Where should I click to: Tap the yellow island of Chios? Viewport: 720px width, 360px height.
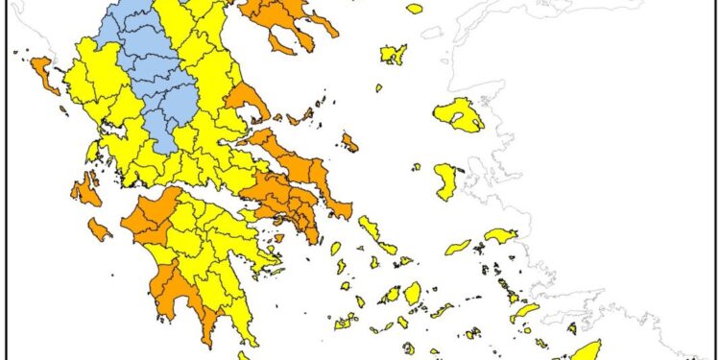(446, 181)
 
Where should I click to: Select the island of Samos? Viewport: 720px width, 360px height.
(501, 235)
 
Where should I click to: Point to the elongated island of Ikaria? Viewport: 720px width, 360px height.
(458, 247)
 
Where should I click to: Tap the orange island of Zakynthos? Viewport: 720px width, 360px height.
(99, 229)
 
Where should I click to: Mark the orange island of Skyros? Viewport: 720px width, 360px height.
(349, 143)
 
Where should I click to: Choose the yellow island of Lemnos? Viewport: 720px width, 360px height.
(393, 54)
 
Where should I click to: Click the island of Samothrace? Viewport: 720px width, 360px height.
(414, 9)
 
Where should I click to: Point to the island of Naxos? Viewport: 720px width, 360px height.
(412, 293)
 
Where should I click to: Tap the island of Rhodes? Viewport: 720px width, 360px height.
(585, 349)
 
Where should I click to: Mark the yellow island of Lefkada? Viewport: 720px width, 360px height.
(92, 152)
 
